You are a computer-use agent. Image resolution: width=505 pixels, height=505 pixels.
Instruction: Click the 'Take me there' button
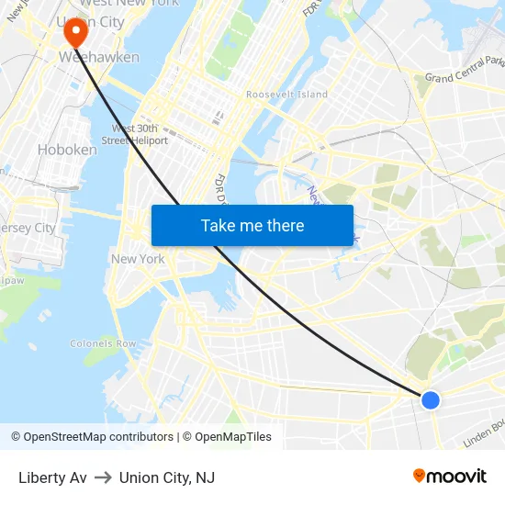[x=252, y=225]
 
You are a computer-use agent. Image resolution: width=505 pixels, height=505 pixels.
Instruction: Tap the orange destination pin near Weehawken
[x=74, y=33]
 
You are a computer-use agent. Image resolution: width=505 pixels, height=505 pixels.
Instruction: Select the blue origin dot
[x=430, y=399]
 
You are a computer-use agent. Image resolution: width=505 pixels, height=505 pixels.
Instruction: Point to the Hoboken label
[x=67, y=149]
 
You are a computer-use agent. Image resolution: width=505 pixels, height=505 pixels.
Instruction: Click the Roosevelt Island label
[x=286, y=95]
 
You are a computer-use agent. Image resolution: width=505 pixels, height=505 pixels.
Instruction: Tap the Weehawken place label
[x=99, y=57]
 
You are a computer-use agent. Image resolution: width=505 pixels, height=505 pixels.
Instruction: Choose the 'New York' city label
[x=138, y=259]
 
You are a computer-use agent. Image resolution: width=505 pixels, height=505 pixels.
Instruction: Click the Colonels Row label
[x=103, y=343]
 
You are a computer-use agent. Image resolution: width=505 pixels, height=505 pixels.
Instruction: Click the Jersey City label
[x=28, y=228]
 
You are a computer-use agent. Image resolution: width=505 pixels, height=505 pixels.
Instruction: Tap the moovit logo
[x=449, y=477]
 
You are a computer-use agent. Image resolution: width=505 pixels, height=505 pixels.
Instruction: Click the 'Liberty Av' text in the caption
[x=52, y=477]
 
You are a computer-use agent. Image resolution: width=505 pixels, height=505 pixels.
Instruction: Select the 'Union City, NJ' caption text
[x=166, y=477]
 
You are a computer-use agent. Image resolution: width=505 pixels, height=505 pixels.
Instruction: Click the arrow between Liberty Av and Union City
[x=103, y=477]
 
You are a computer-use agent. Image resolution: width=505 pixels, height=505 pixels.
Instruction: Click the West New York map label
[x=137, y=4]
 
